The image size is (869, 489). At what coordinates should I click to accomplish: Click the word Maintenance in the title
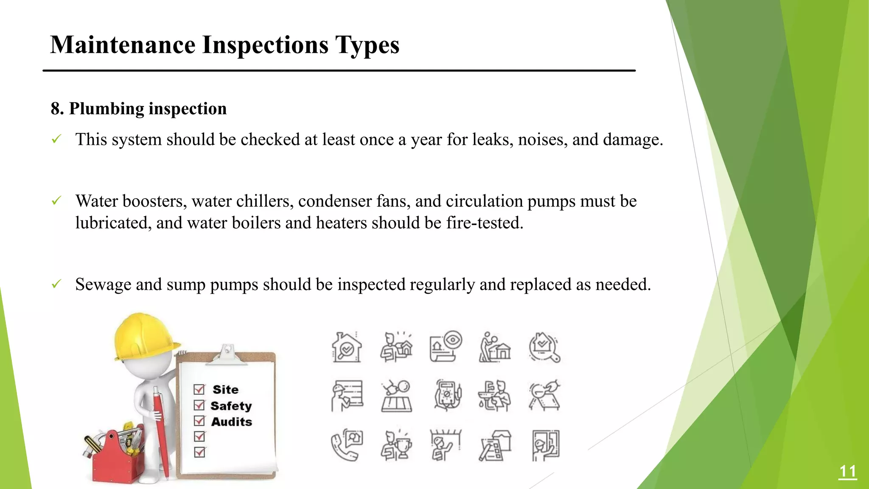tap(123, 45)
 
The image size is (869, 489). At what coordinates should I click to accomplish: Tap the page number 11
tap(847, 472)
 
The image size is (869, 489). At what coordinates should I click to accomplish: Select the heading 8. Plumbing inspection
tap(138, 109)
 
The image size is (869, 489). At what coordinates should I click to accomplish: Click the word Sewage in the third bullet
tap(103, 284)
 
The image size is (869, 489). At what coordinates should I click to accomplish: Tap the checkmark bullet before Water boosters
tap(56, 201)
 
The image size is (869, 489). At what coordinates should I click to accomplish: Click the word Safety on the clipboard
tap(231, 406)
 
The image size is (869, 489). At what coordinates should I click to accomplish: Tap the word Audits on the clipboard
tap(231, 422)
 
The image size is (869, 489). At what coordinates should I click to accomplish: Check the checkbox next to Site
tap(199, 389)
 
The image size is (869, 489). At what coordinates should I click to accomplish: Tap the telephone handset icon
tap(342, 448)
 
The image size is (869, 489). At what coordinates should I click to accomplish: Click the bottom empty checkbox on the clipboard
tap(199, 452)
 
